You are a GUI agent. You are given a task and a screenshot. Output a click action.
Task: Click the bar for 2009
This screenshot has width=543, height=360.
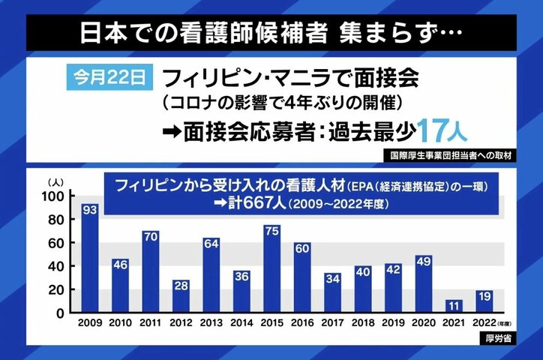(90, 259)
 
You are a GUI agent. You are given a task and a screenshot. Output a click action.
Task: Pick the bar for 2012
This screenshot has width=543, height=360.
(181, 296)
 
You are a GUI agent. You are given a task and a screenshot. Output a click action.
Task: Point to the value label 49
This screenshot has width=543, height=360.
(424, 262)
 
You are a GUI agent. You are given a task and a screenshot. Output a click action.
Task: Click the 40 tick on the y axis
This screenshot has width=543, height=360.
(57, 266)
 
